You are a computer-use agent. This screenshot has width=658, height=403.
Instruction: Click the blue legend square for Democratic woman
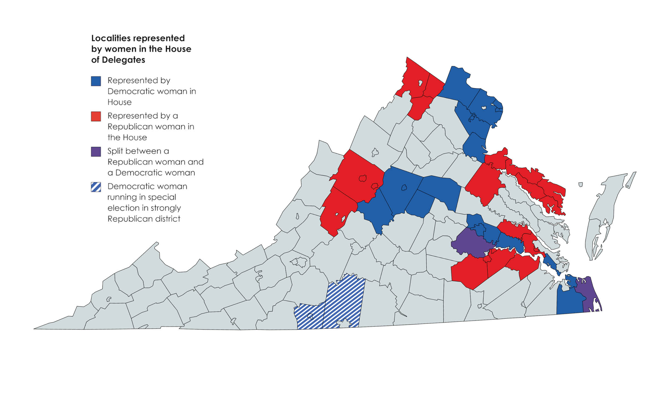[x=96, y=81]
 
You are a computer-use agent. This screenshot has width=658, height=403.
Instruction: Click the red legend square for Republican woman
[x=96, y=116]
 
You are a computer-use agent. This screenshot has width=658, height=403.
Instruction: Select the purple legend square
[x=96, y=152]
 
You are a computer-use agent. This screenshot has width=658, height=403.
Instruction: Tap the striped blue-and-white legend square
[x=96, y=187]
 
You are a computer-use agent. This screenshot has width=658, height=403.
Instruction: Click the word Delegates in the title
[x=123, y=60]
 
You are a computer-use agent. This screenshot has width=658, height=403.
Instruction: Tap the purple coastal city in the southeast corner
[x=589, y=296]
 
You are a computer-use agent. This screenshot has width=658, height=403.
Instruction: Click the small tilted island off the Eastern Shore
[x=580, y=185]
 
